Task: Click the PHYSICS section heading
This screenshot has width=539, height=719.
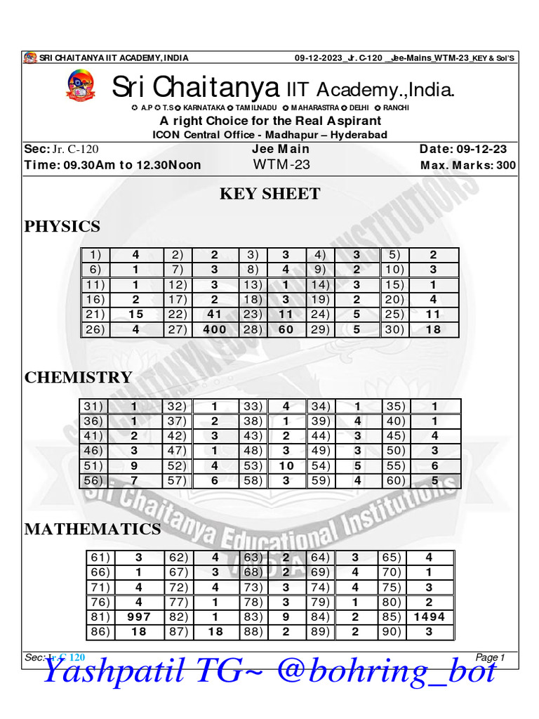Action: (x=62, y=226)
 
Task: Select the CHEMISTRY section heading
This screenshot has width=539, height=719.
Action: (x=78, y=377)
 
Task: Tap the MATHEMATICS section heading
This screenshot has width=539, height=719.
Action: (x=93, y=529)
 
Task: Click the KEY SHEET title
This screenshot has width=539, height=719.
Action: (x=269, y=194)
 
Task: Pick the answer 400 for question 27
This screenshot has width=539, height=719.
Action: (x=214, y=329)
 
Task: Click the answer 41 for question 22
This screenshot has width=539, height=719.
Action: (x=214, y=314)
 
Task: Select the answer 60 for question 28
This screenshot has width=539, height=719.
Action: (x=286, y=329)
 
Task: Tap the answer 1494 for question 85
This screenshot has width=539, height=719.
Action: (x=429, y=617)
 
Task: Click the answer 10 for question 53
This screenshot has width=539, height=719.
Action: (x=286, y=465)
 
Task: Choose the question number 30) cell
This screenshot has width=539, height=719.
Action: (x=394, y=329)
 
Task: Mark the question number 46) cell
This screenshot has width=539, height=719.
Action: (x=93, y=450)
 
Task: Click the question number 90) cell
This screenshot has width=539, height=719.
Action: (x=393, y=632)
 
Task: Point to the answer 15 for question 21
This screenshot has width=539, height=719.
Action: (x=135, y=314)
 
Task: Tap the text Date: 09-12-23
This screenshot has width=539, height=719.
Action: (x=463, y=149)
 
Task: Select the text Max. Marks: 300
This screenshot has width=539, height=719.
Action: (x=467, y=166)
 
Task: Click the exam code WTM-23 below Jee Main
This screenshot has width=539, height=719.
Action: (x=280, y=165)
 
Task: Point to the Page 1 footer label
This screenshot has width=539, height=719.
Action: (x=490, y=657)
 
